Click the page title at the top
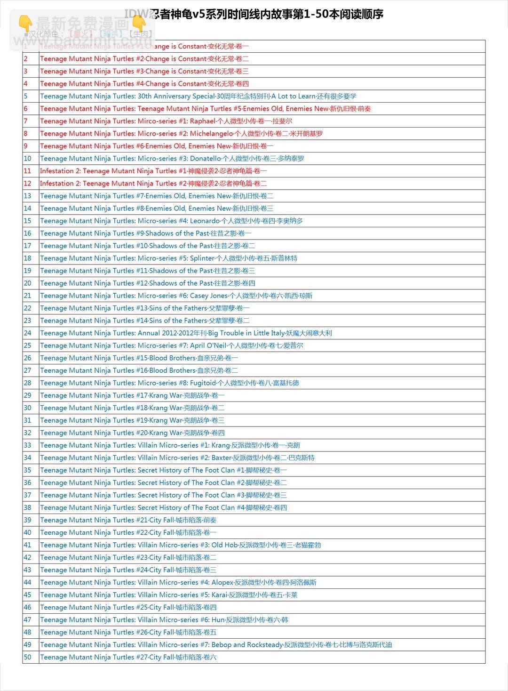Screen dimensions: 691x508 [x=254, y=14]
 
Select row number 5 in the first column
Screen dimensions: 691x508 [x=26, y=96]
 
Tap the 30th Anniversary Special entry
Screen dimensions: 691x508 [x=198, y=96]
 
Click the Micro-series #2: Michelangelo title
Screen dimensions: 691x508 [x=181, y=133]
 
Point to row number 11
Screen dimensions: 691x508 [x=27, y=171]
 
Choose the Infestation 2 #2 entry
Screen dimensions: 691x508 [x=153, y=184]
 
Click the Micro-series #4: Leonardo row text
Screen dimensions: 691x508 [x=171, y=221]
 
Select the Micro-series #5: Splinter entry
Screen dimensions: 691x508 [x=168, y=258]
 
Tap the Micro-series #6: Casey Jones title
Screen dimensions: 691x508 [x=176, y=296]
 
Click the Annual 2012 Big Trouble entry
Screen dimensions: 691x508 [x=186, y=333]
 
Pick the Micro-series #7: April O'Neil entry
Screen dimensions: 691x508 [x=171, y=345]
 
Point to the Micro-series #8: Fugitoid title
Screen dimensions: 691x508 [x=169, y=383]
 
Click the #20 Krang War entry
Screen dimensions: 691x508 [x=132, y=433]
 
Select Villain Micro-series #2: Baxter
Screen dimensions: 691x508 [x=177, y=458]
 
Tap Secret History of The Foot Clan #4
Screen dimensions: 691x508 [x=163, y=507]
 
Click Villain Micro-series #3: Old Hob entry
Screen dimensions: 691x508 [x=180, y=545]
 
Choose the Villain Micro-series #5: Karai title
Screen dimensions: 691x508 [x=168, y=595]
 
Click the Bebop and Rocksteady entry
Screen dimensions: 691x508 [x=216, y=645]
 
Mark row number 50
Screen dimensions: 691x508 [x=27, y=657]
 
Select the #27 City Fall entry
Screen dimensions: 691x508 [x=128, y=657]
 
